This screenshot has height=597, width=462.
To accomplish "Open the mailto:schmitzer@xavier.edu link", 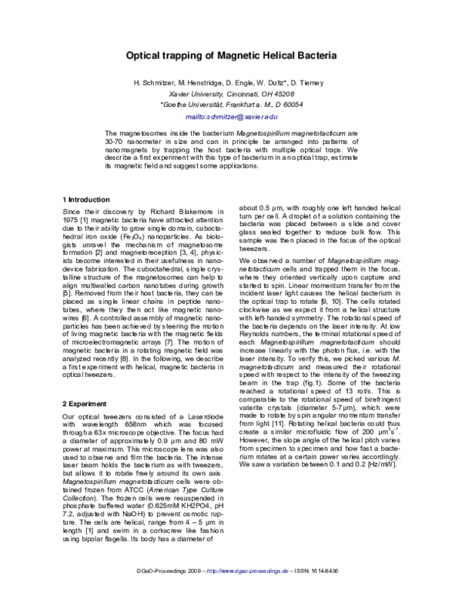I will pos(231,117).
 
